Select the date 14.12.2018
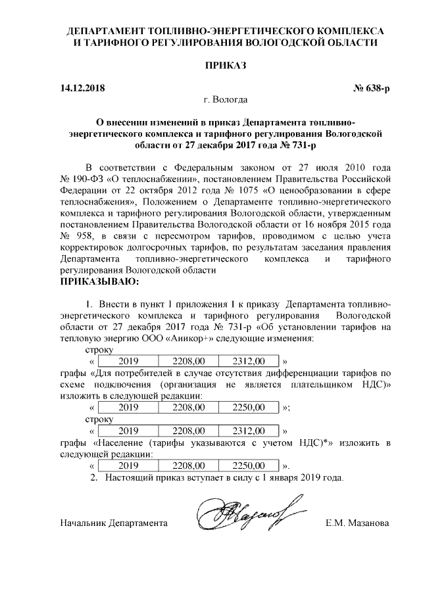(x=82, y=87)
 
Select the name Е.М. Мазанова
(x=359, y=524)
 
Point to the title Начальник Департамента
(x=113, y=524)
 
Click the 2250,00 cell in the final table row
(x=251, y=464)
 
